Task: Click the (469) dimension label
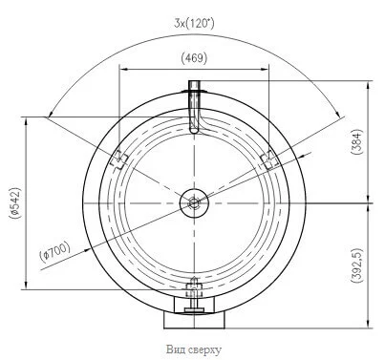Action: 194,58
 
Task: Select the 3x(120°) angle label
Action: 194,23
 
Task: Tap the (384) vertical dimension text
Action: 356,141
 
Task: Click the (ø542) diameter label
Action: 15,203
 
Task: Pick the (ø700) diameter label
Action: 54,252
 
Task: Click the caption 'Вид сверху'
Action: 194,349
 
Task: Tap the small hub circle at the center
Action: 194,202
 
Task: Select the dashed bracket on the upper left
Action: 118,159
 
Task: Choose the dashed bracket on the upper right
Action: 269,159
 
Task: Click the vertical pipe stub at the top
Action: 194,106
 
